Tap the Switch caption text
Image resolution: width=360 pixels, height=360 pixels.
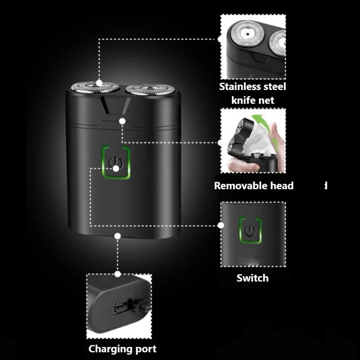click(252, 278)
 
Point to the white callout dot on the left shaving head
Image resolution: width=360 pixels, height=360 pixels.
click(99, 83)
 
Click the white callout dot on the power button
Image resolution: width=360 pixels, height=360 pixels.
click(116, 168)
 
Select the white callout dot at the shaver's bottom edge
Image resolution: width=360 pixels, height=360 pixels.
click(118, 235)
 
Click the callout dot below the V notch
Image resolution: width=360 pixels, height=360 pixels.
click(122, 120)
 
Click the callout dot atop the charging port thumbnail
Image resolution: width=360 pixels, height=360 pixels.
click(118, 274)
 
